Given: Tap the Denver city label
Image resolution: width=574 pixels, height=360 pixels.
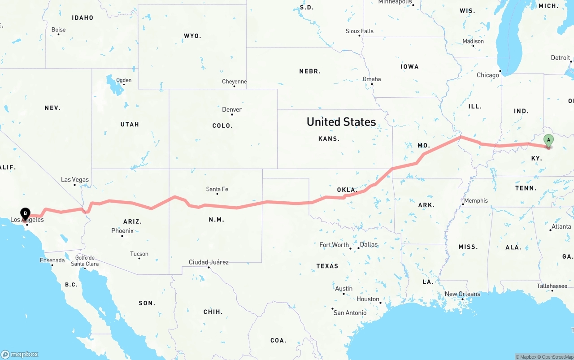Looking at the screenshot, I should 232,109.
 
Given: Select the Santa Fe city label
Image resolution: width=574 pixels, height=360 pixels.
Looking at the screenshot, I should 217,189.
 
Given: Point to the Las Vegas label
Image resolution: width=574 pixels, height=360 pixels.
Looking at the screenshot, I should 75,180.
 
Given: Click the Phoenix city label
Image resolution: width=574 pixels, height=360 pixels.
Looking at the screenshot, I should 122,231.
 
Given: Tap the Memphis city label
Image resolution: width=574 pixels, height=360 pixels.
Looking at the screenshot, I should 476,200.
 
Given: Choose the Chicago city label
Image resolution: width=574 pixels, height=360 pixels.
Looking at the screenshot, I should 488,75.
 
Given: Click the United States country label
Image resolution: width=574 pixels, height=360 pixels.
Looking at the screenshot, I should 341,122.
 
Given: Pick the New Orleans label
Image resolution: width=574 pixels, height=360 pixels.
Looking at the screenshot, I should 462,294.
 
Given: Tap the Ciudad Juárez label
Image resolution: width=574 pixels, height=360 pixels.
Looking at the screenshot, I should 209,262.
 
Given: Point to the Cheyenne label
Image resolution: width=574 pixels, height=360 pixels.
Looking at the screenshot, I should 234,82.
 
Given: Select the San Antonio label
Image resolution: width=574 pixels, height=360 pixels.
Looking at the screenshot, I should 350,312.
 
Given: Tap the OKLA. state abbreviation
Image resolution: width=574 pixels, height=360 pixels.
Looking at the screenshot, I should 346,190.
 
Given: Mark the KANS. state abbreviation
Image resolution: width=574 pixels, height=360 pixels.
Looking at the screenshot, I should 329,139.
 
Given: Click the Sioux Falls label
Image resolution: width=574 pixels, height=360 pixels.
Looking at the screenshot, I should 359,31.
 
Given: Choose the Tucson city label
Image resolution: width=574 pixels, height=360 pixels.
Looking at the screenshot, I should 139,254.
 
